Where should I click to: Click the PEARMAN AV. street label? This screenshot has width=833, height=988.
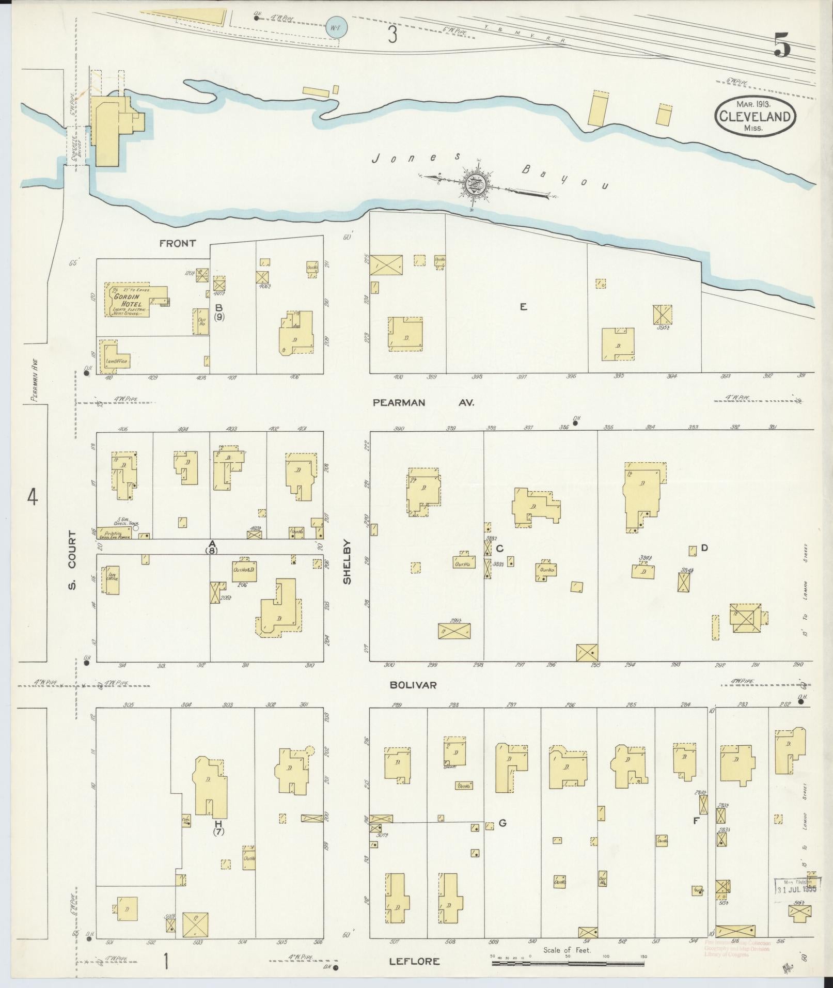click(423, 402)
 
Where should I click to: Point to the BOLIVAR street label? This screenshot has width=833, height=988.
click(413, 685)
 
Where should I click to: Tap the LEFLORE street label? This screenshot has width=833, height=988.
click(415, 961)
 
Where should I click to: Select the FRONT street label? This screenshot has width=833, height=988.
click(178, 243)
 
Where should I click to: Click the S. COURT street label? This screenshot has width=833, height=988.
click(72, 560)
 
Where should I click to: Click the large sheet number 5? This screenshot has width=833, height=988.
click(781, 45)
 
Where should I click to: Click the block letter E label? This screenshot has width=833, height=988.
click(523, 307)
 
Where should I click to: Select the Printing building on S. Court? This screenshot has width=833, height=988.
click(117, 534)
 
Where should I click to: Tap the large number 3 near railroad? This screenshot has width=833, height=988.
click(393, 35)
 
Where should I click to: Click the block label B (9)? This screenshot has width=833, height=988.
click(219, 312)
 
